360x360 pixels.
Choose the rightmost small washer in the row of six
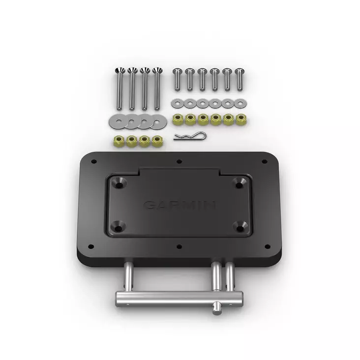(240, 103)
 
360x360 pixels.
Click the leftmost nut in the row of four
(119, 141)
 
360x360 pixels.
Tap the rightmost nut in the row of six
(241, 119)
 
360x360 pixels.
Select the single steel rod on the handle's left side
(127, 276)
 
